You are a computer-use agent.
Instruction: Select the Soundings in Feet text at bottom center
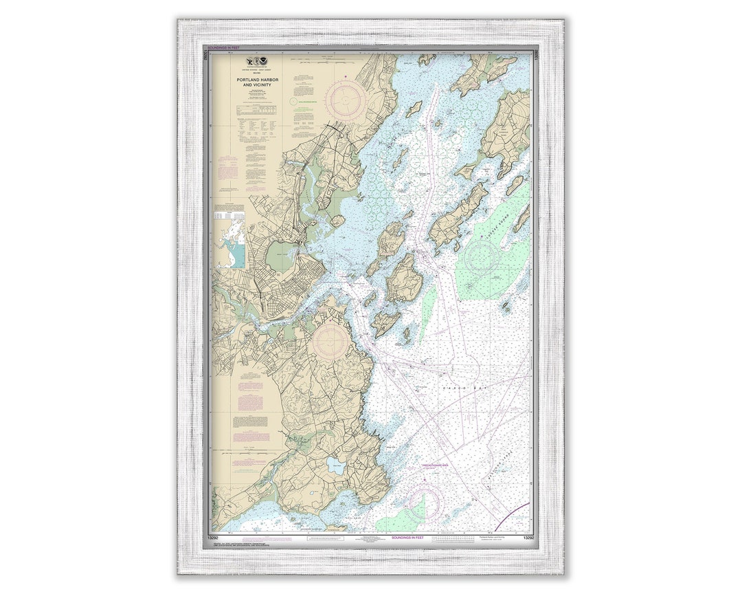coord(407,537)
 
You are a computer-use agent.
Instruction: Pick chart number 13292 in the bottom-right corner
coord(528,538)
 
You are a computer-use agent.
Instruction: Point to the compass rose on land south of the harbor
coord(331,340)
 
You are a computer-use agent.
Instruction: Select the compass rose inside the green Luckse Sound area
coord(482,257)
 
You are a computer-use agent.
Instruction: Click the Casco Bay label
coord(455,388)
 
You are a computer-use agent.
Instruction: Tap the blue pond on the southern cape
coord(335,466)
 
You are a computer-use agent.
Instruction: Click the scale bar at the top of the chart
coord(371,51)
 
